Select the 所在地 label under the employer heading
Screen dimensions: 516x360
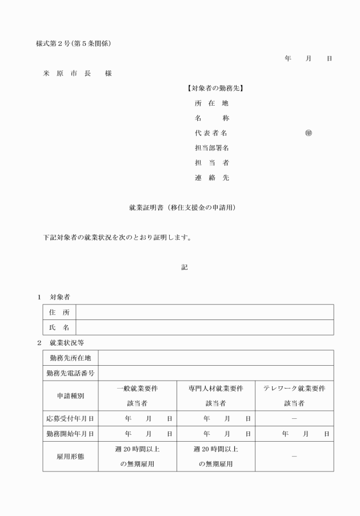(211, 103)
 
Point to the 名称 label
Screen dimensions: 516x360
(211, 118)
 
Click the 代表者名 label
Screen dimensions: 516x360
(211, 133)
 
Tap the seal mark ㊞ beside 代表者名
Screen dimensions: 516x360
(309, 133)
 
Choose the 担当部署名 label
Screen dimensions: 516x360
(211, 148)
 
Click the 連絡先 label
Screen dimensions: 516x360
(211, 178)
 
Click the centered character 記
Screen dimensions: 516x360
(184, 267)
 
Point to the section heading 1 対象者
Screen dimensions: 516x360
(54, 297)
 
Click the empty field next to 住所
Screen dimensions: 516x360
(205, 312)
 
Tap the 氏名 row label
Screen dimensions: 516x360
(59, 327)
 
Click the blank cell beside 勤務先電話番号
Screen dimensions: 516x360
(215, 373)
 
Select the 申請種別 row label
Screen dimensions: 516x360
(70, 395)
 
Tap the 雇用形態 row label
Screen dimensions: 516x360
(70, 457)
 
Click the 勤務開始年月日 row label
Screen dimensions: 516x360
(70, 434)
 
